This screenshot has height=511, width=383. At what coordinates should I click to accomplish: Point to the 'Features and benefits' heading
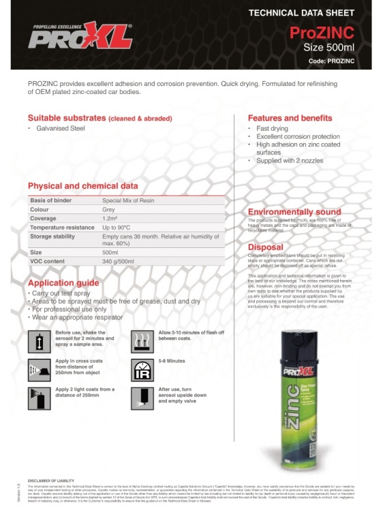(x=293, y=117)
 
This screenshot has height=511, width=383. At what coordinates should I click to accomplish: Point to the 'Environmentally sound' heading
(x=294, y=212)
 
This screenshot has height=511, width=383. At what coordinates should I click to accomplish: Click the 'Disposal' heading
(x=265, y=247)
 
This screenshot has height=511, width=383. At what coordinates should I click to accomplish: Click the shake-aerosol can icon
(x=39, y=339)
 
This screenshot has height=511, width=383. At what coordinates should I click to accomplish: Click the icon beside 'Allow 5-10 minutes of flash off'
(x=142, y=339)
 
